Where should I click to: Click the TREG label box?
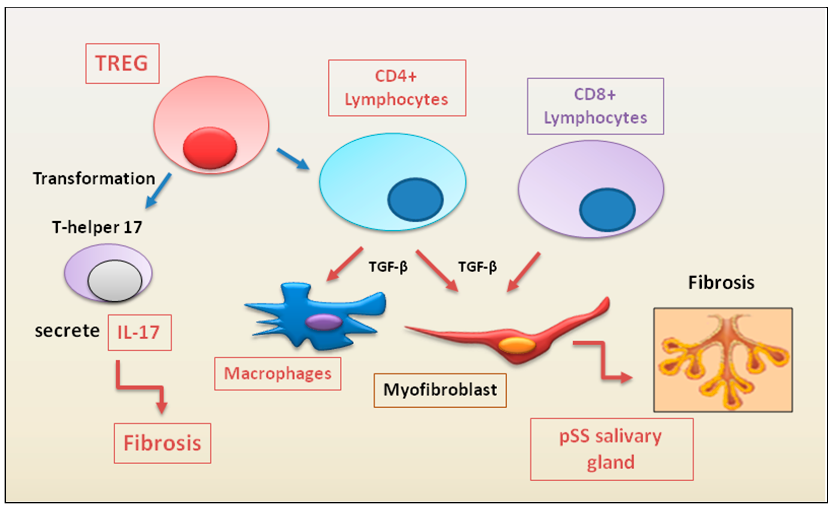click(122, 63)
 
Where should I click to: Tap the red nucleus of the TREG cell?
click(210, 148)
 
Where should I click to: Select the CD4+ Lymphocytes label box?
click(397, 88)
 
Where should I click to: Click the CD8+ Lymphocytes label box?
click(595, 106)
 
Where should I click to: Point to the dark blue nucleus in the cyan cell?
click(415, 200)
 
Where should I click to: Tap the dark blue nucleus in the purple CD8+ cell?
click(607, 210)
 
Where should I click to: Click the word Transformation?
click(94, 179)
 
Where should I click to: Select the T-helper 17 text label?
click(97, 227)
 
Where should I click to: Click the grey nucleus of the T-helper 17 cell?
click(115, 281)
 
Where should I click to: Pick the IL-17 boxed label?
click(140, 332)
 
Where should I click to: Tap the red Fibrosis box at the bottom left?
click(162, 443)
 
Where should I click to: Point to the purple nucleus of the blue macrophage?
click(324, 322)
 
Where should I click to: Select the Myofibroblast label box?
click(440, 390)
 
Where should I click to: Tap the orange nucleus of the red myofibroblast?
click(516, 345)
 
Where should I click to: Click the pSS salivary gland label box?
click(611, 449)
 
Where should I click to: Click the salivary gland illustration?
click(723, 360)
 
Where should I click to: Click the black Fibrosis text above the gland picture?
click(721, 282)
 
